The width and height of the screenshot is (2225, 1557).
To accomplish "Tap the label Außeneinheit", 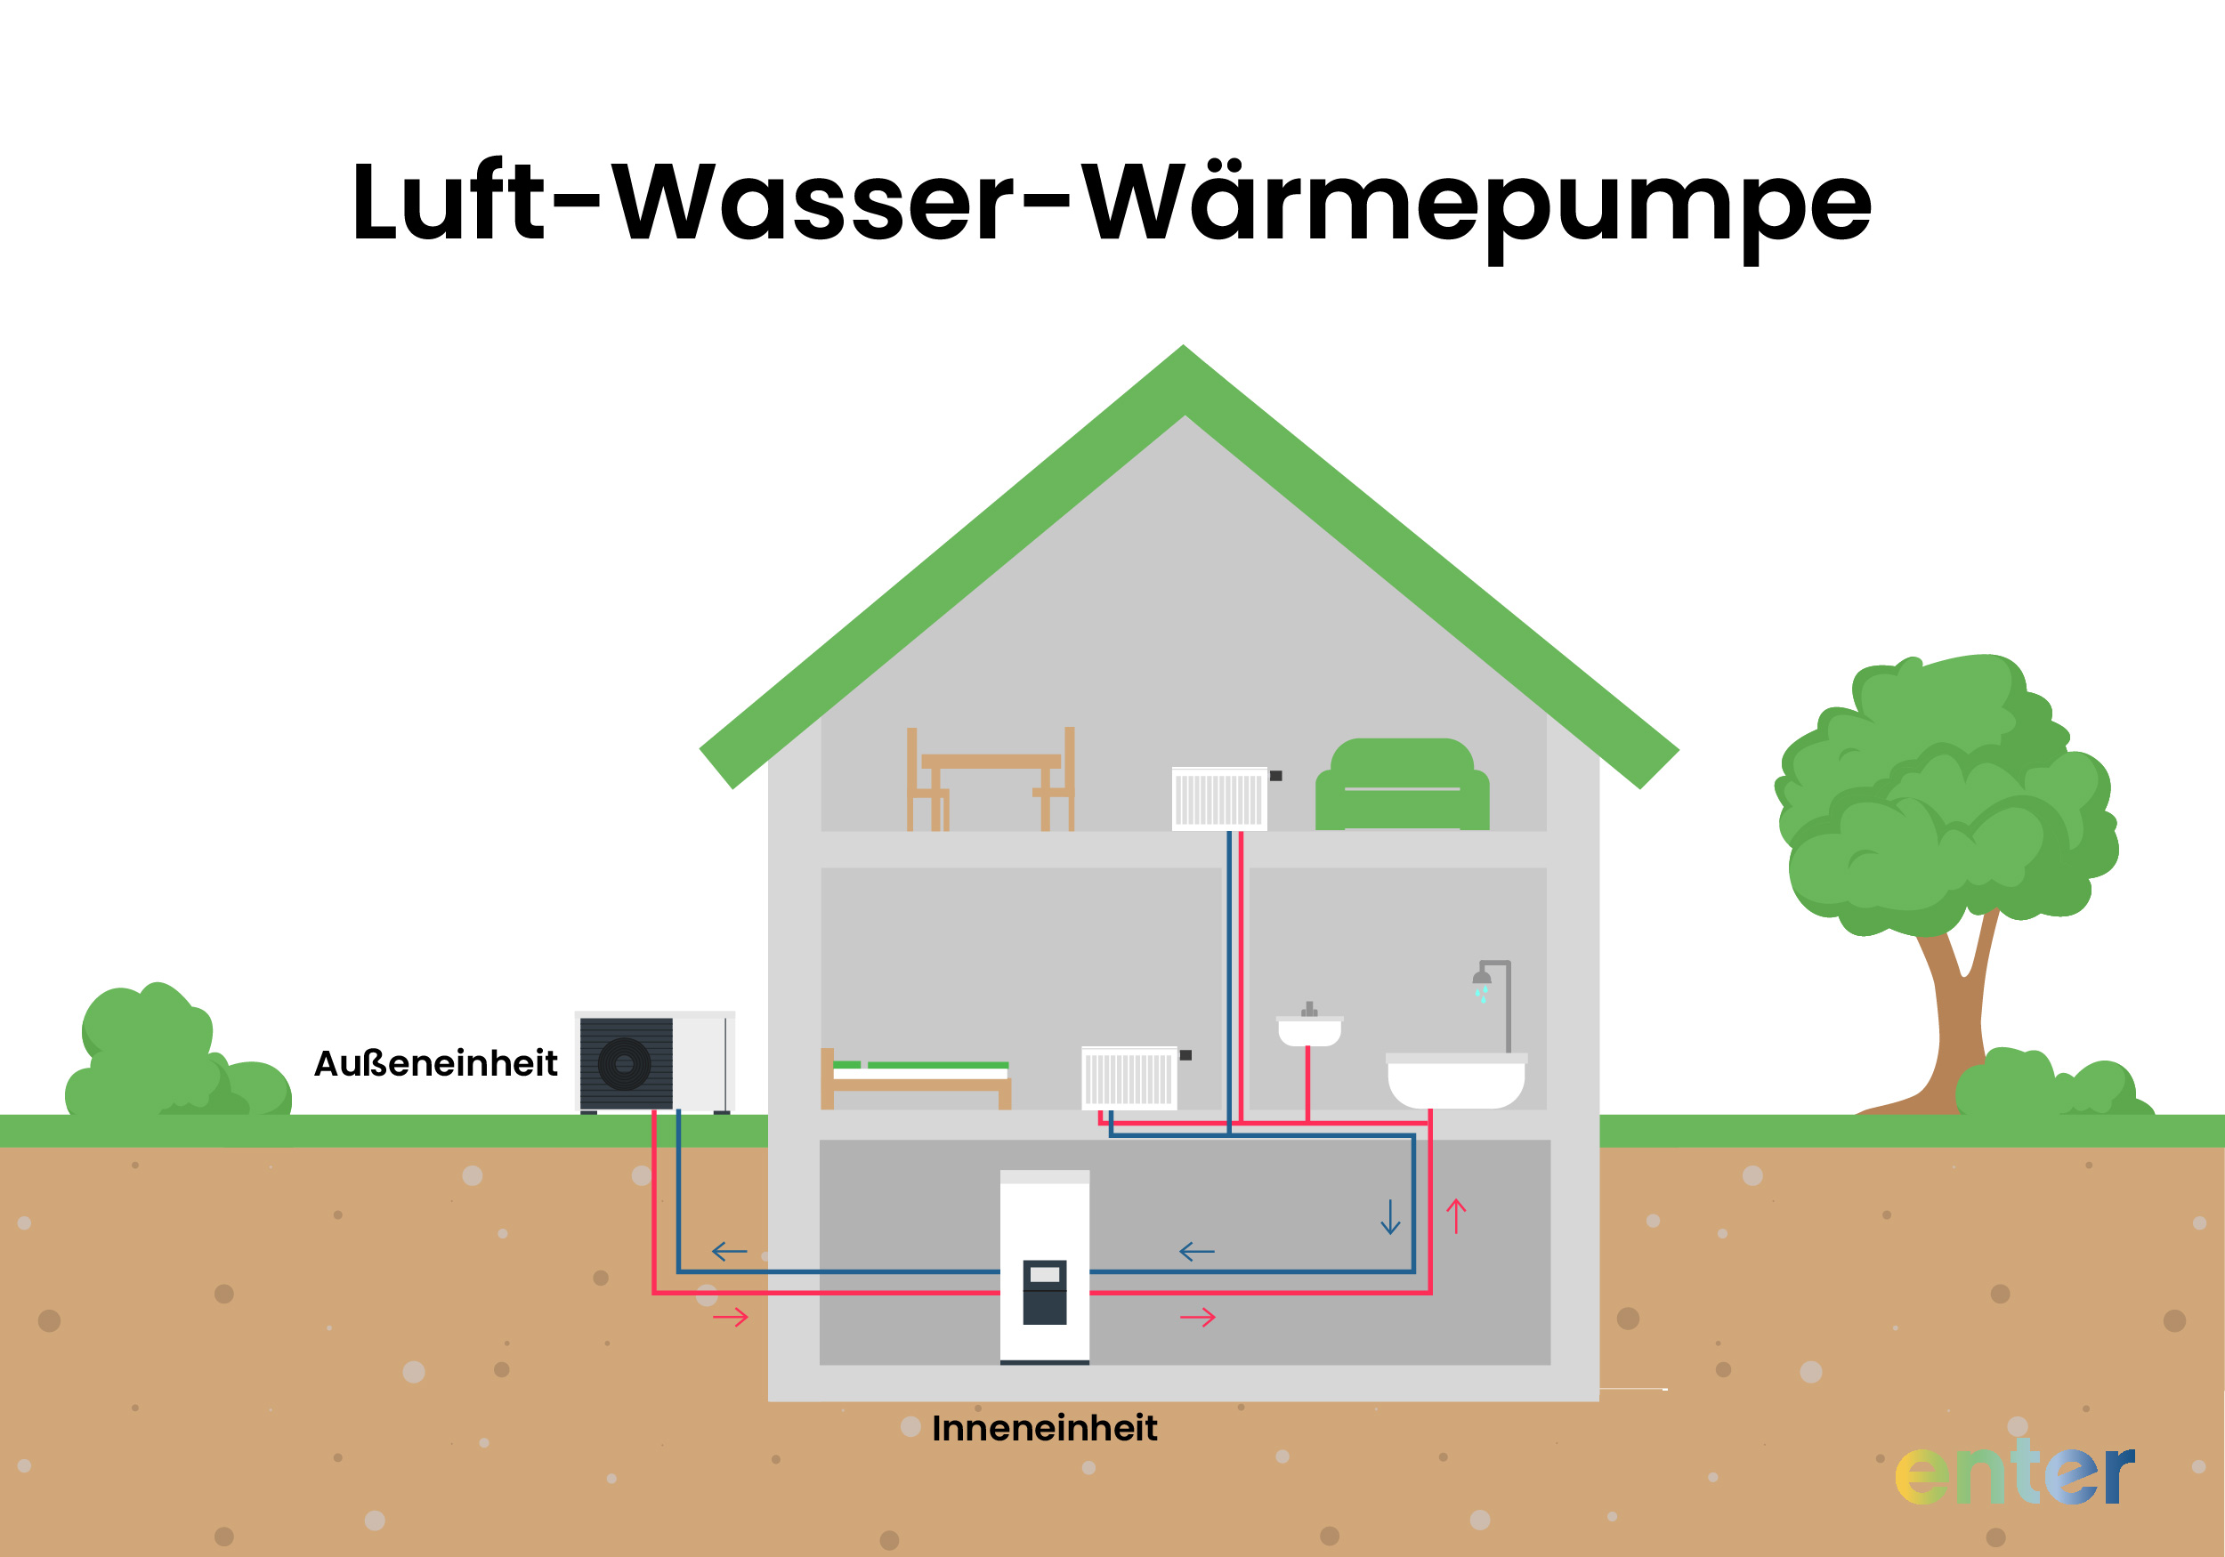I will click(x=435, y=1064).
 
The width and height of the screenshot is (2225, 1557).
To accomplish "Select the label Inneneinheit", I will click(x=1044, y=1428).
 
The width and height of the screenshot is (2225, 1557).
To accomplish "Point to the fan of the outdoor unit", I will click(x=624, y=1064).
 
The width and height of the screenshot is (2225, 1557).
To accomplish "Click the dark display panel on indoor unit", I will click(x=1045, y=1292).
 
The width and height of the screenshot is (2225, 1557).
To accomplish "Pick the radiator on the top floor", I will click(x=1219, y=799).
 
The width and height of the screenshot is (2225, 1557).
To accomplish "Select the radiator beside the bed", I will click(x=1129, y=1078).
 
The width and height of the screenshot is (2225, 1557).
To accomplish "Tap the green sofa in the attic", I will click(x=1401, y=786).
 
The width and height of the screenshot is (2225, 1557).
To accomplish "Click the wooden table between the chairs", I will click(x=991, y=762).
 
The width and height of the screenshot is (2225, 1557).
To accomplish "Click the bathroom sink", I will click(x=1309, y=1031).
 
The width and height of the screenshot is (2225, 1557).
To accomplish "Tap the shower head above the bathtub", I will click(x=1482, y=978).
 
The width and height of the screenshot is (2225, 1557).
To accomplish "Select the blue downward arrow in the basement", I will click(x=1389, y=1217).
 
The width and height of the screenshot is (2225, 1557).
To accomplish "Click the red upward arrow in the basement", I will click(x=1455, y=1216).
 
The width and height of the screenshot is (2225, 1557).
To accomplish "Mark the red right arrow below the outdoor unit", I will click(x=731, y=1317).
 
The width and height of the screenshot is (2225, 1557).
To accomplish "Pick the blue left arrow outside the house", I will click(x=729, y=1252).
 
